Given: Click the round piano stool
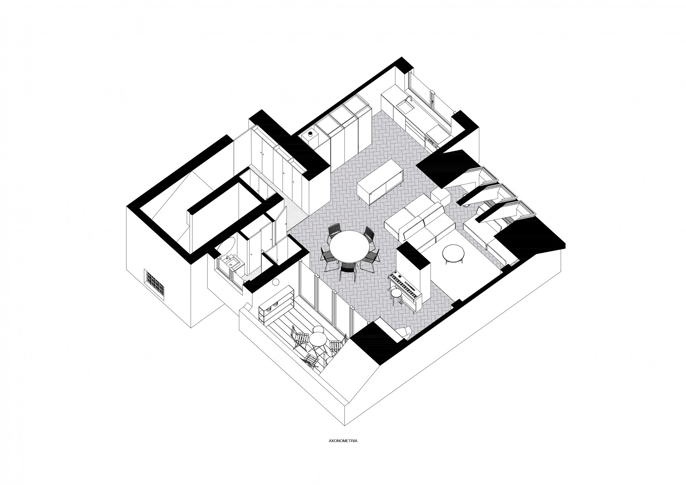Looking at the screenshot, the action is (396, 293).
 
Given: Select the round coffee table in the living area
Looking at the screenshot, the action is (454, 252).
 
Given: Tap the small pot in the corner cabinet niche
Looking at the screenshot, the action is (311, 135).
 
